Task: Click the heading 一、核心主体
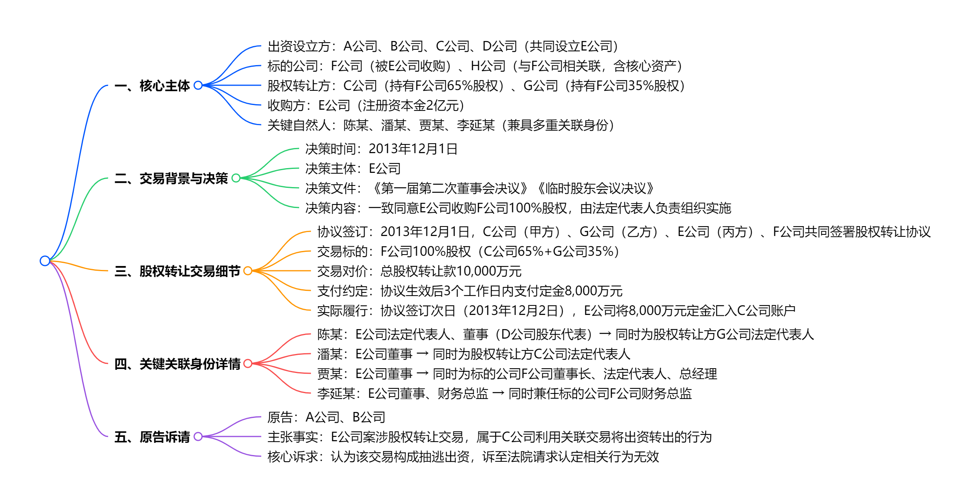click(x=152, y=86)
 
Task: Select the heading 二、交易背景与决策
click(x=171, y=178)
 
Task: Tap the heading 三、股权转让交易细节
click(x=177, y=271)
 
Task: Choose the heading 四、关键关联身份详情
click(x=177, y=364)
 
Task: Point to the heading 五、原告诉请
click(x=152, y=437)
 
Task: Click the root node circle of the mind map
click(x=45, y=261)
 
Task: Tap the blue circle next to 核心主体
click(x=198, y=85)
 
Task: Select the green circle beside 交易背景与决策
click(x=236, y=178)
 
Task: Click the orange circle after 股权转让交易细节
click(x=248, y=271)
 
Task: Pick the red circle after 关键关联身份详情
click(x=248, y=363)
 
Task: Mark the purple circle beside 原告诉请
click(x=198, y=436)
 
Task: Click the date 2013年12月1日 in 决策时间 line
click(x=413, y=149)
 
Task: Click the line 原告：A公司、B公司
click(x=326, y=417)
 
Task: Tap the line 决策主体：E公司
click(x=353, y=169)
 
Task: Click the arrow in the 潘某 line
click(x=422, y=354)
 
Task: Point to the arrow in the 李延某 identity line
click(x=498, y=393)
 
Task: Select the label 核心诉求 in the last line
click(x=292, y=457)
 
